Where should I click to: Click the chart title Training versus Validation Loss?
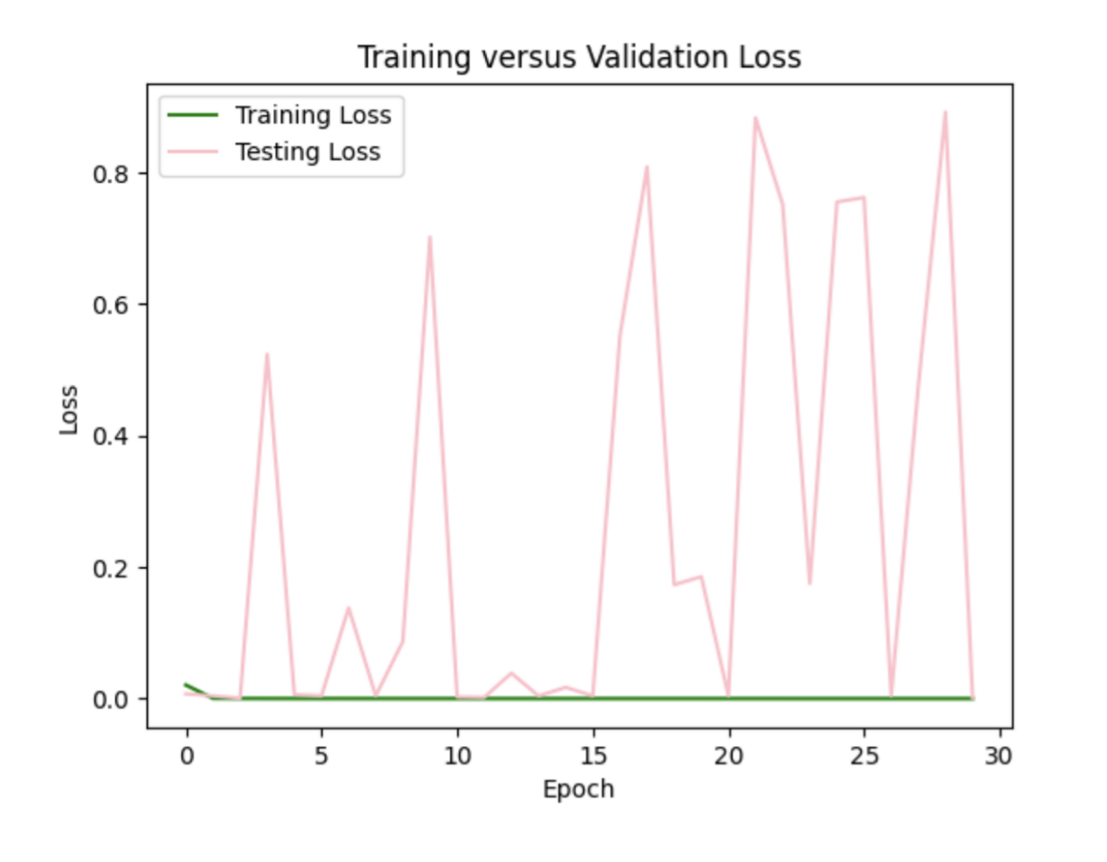tap(579, 57)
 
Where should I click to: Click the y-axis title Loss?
tap(69, 409)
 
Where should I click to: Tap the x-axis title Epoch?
tap(578, 790)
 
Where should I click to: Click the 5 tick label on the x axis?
tap(321, 757)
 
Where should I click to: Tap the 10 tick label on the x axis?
tap(457, 757)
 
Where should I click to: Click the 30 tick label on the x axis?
tap(999, 757)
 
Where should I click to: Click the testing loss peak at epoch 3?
tap(266, 354)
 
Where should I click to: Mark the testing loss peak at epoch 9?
tap(429, 237)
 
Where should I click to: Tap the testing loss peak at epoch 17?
tap(647, 167)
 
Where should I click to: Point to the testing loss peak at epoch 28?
tap(945, 112)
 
